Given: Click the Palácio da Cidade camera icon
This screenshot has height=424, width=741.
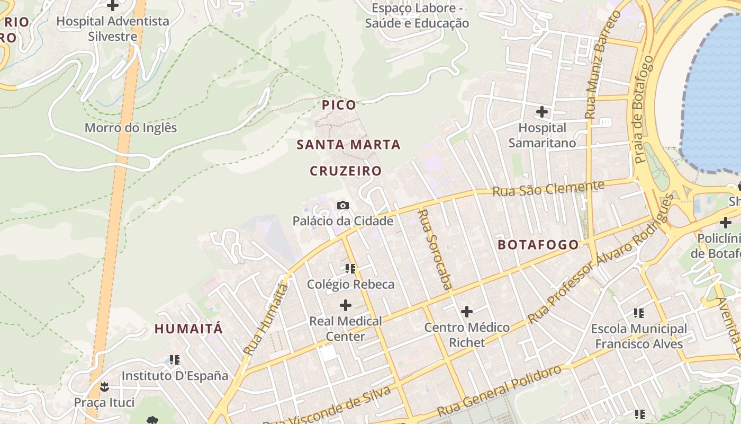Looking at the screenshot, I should (x=342, y=205).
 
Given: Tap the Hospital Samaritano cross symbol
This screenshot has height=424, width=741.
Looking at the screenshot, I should (x=542, y=112).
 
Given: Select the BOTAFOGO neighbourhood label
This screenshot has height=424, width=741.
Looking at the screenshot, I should (x=538, y=244).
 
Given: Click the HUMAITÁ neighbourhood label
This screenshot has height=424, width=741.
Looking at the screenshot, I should (x=188, y=329).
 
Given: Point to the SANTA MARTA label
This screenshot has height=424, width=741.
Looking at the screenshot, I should (x=348, y=144).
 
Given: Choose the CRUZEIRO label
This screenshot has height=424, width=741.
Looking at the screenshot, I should (x=346, y=171).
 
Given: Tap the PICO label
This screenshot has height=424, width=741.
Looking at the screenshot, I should (x=339, y=105).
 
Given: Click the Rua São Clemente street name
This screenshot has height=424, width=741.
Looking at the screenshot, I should (x=548, y=188).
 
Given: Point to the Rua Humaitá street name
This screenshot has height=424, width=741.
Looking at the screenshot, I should (x=266, y=319).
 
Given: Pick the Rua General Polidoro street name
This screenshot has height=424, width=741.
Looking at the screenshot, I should (x=499, y=392).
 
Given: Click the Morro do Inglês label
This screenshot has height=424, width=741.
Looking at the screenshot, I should (x=131, y=128).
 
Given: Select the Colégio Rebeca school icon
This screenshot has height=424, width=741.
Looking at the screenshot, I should (x=350, y=269).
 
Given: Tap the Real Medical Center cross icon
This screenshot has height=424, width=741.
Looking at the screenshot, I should (x=346, y=305).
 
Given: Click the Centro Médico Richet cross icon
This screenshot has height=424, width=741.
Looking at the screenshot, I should (x=466, y=312).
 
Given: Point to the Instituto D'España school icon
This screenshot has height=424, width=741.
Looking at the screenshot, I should (x=175, y=360).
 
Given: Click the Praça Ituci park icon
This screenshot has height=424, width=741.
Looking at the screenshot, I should (x=104, y=386).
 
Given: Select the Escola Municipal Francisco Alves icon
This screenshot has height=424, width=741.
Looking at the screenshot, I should (x=639, y=313).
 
